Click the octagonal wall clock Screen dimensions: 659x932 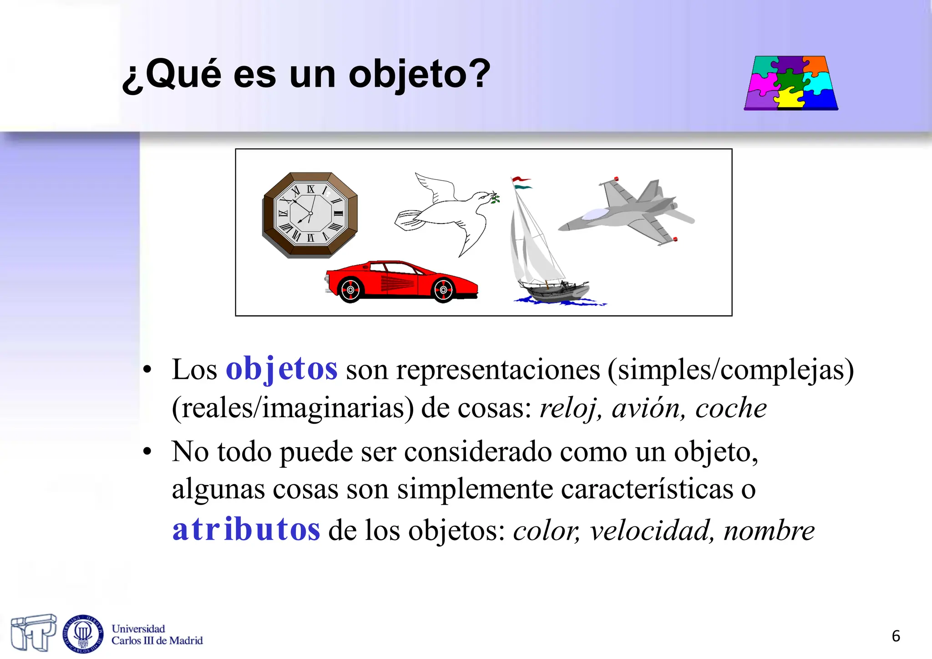point(310,215)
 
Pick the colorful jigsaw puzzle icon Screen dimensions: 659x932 point(791,83)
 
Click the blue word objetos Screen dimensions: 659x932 point(282,368)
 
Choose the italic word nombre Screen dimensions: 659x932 point(769,531)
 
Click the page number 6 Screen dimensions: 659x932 point(896,636)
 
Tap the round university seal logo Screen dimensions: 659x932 point(83,634)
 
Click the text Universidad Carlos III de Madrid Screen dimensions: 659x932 point(157,635)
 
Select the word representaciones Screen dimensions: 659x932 point(498,369)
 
